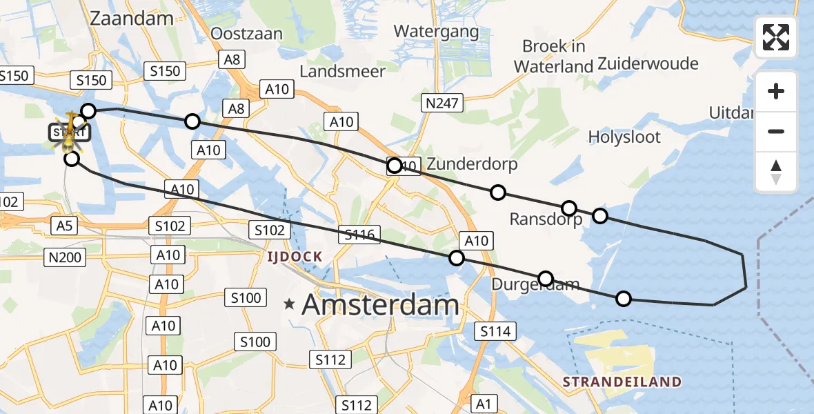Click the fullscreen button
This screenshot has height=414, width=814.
[x=776, y=37]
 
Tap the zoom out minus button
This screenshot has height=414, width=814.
[x=776, y=131]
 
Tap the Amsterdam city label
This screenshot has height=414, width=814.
[x=380, y=304]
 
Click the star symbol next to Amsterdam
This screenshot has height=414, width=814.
[x=290, y=303]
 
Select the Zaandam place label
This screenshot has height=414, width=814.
[x=132, y=18]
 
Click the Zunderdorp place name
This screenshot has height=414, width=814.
[x=472, y=165]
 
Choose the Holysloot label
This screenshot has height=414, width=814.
[x=624, y=137]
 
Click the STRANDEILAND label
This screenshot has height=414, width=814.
[x=622, y=382]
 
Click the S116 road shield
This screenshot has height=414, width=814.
[x=359, y=235]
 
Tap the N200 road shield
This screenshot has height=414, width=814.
[x=66, y=258]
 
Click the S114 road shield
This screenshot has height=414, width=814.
[x=495, y=331]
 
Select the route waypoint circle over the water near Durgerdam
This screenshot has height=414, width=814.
[x=623, y=299]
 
